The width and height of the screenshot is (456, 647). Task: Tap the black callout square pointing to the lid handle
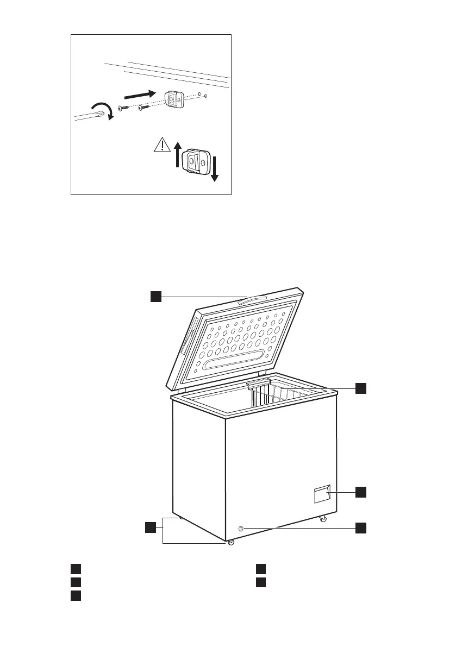[156, 296]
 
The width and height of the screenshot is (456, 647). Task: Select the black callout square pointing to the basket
[361, 388]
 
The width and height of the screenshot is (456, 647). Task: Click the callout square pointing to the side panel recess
[361, 492]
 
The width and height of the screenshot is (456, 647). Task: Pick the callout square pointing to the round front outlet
[361, 527]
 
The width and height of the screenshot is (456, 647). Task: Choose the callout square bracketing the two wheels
[152, 527]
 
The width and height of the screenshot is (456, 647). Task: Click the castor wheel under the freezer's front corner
[231, 542]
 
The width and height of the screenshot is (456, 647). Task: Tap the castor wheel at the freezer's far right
[323, 520]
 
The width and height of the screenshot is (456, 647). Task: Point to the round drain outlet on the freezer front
[241, 528]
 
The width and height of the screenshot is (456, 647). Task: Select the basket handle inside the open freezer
[259, 384]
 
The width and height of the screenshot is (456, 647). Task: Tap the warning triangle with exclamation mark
[162, 145]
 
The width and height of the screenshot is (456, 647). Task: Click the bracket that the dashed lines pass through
[174, 99]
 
